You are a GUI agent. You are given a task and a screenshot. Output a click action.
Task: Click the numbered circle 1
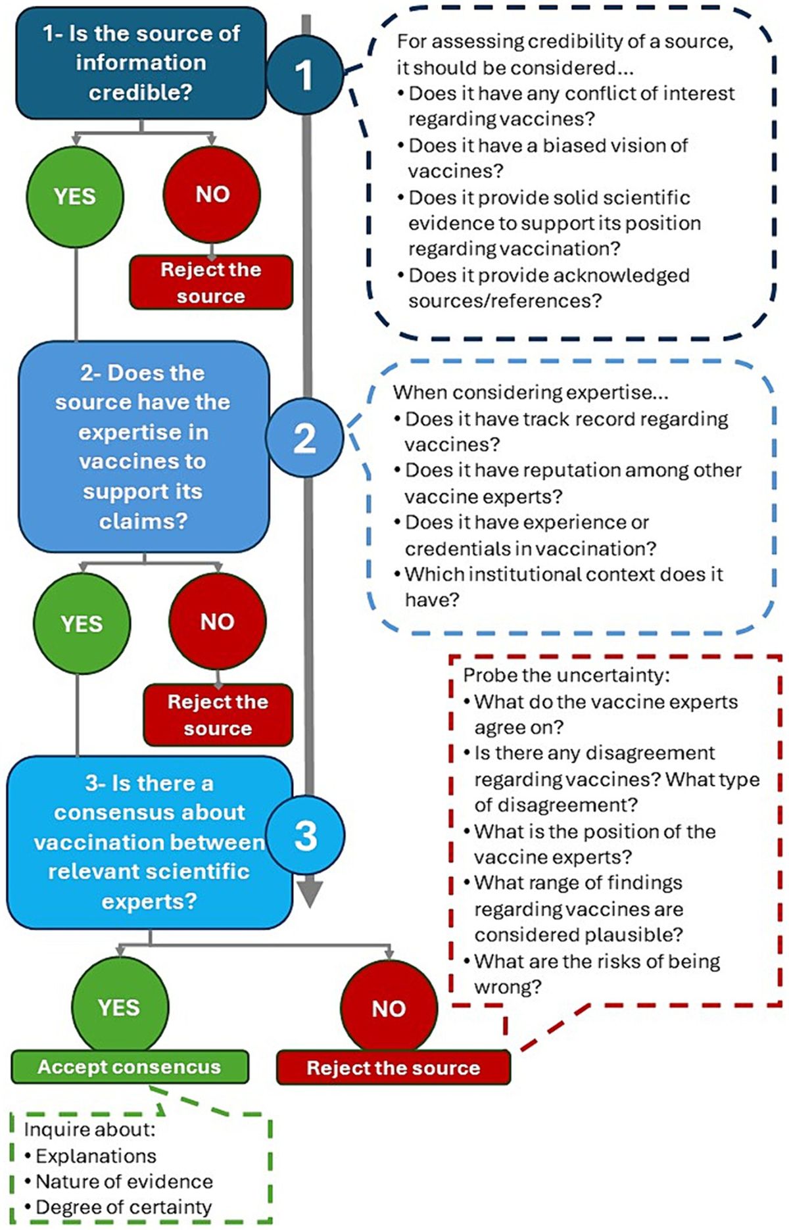pos(304,74)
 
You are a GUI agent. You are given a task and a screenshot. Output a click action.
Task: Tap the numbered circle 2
pos(304,437)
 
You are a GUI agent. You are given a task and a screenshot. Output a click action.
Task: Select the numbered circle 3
pos(306,834)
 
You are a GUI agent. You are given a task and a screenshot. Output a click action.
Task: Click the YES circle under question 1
pos(75,195)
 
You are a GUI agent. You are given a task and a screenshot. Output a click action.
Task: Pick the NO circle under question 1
pos(212,194)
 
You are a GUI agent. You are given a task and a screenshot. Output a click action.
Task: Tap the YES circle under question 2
pos(82,623)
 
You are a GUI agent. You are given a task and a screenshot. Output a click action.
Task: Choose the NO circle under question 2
pos(217,621)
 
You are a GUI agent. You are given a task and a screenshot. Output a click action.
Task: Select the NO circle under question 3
pos(389,1007)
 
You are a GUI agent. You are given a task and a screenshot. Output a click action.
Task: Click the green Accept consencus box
pos(130,1066)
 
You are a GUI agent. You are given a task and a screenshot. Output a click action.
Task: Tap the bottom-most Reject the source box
pos(393,1068)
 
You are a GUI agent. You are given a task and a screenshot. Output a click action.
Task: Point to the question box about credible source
pos(141,62)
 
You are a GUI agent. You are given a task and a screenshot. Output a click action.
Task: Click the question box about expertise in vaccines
pos(143,446)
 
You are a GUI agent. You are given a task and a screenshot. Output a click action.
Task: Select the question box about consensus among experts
pos(149,841)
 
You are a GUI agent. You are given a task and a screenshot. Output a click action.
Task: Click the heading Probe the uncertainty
pos(566,675)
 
